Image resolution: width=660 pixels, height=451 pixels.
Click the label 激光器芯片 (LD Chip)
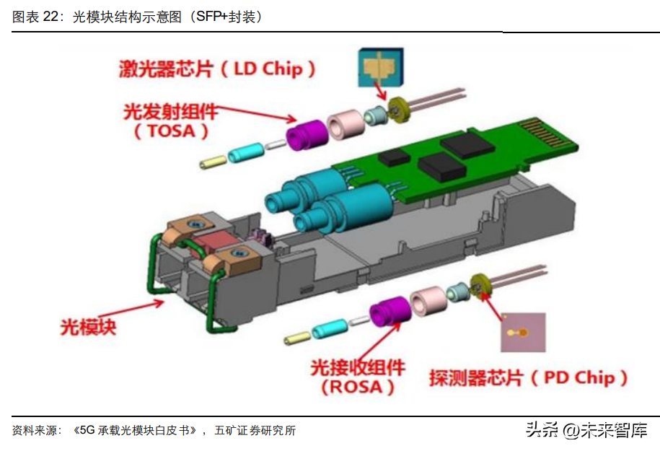click(217, 69)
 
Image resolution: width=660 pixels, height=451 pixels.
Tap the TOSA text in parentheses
click(171, 131)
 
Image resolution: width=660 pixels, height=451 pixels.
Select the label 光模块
click(88, 327)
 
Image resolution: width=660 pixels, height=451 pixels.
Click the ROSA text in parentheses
click(357, 387)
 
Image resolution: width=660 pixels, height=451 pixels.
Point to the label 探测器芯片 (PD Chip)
click(528, 377)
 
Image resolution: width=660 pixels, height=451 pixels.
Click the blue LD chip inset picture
click(381, 67)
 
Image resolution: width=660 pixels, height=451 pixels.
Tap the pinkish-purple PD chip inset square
click(523, 332)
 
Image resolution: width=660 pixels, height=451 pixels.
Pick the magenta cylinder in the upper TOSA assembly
click(307, 135)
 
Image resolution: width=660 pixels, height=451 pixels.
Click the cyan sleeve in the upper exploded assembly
click(245, 152)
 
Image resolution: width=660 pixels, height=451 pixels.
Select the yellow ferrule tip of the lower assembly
click(297, 337)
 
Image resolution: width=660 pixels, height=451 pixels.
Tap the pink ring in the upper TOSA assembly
click(346, 124)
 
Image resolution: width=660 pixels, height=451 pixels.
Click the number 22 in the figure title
click(53, 17)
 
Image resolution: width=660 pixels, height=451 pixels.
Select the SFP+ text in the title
click(212, 17)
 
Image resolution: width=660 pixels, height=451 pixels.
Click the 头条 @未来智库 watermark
click(586, 430)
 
